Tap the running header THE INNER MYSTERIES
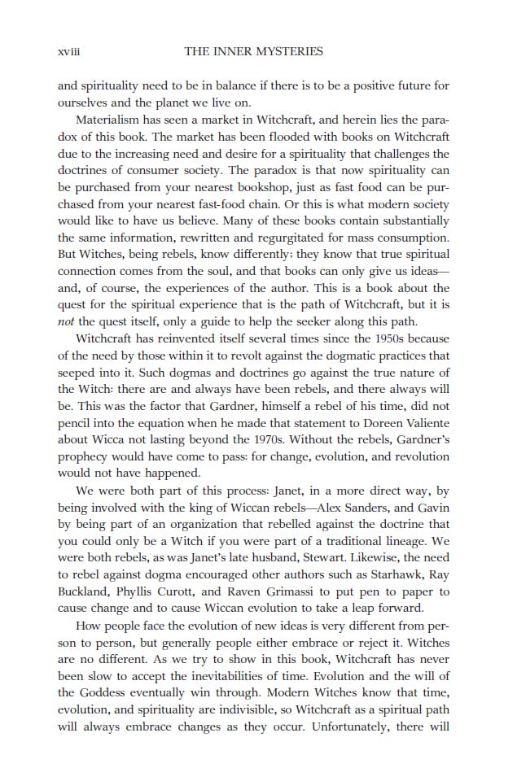coord(253,52)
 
